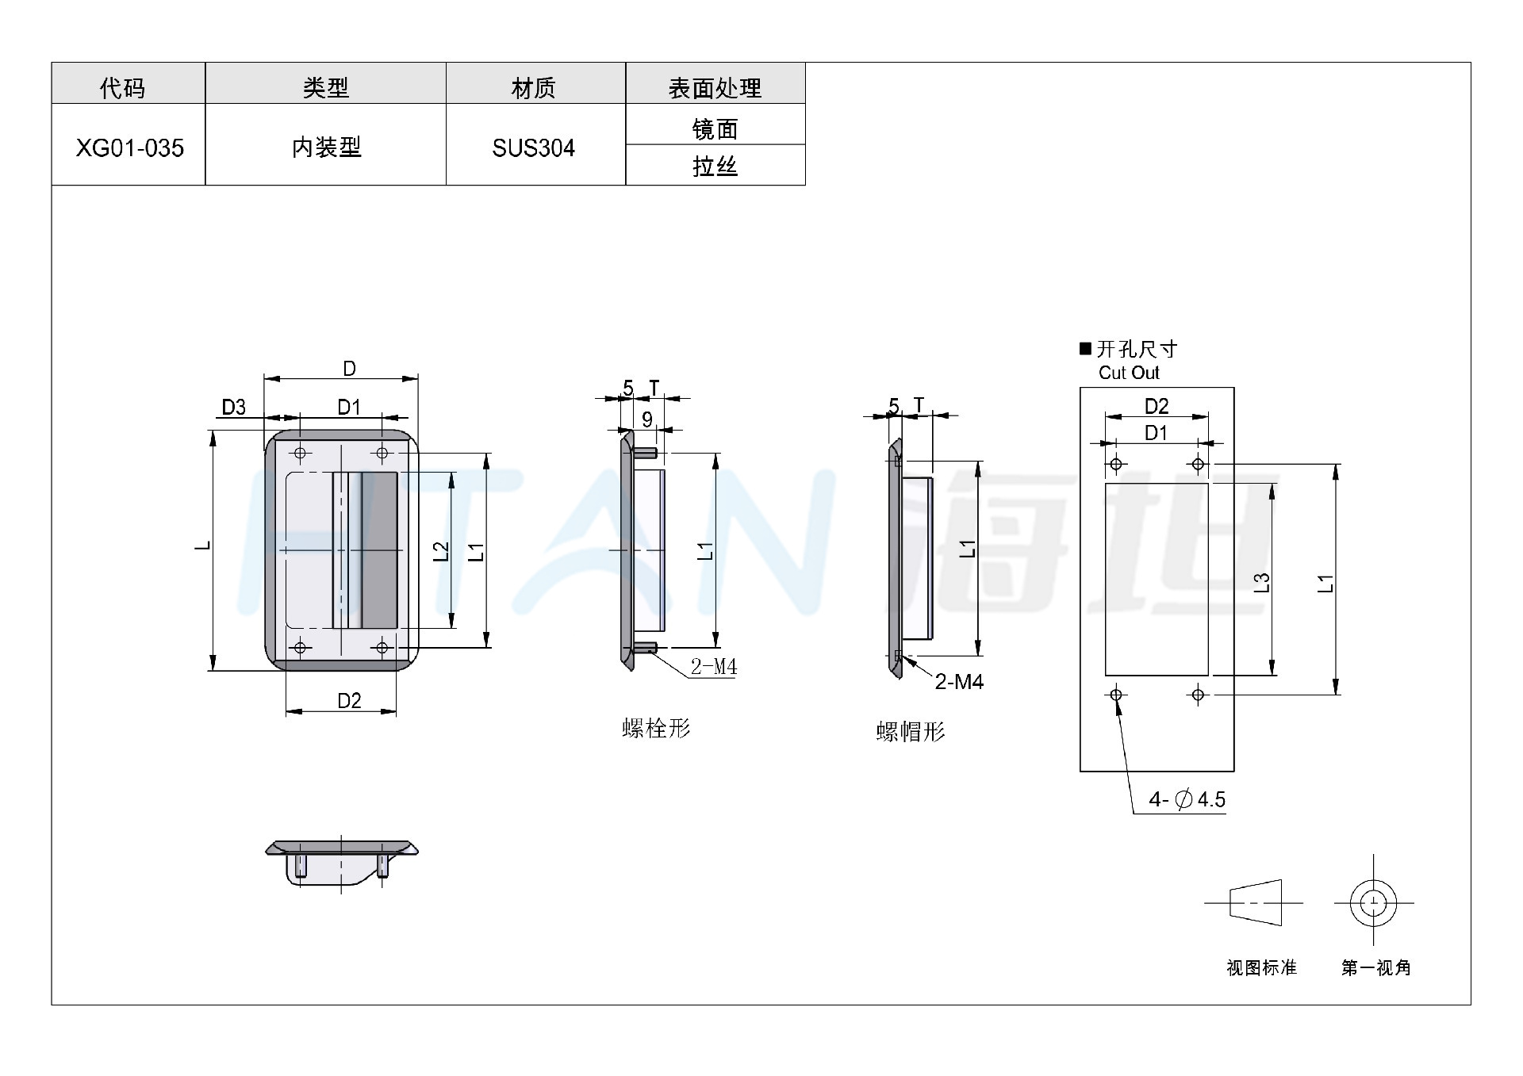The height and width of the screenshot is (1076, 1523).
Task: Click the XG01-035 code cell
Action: click(x=129, y=147)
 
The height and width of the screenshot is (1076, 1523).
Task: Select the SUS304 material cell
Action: click(x=534, y=147)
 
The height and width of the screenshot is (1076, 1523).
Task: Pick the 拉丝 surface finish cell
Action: click(x=715, y=166)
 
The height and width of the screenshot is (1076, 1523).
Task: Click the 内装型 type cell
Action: click(x=326, y=147)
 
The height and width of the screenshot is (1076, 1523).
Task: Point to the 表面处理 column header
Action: click(x=715, y=87)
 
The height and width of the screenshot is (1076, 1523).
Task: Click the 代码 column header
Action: click(x=123, y=87)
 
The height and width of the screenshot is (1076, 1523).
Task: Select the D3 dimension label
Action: click(x=233, y=408)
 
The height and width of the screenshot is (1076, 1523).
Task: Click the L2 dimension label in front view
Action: click(x=441, y=551)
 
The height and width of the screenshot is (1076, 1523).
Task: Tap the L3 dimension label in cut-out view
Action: click(x=1262, y=583)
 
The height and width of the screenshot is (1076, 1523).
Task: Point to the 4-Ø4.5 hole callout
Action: click(x=1187, y=799)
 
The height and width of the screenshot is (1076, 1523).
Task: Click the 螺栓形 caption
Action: click(x=656, y=728)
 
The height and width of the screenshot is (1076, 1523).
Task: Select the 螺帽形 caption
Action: click(x=911, y=731)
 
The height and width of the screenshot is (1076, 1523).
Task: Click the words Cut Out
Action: click(x=1129, y=373)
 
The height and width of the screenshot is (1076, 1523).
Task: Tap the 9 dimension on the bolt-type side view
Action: click(x=647, y=419)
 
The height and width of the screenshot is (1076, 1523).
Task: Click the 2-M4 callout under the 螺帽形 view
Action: click(x=959, y=681)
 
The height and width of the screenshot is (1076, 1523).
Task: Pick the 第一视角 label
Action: click(x=1376, y=967)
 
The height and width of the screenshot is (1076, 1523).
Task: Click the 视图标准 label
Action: click(x=1261, y=967)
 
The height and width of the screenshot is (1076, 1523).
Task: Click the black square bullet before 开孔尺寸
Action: click(x=1086, y=349)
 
